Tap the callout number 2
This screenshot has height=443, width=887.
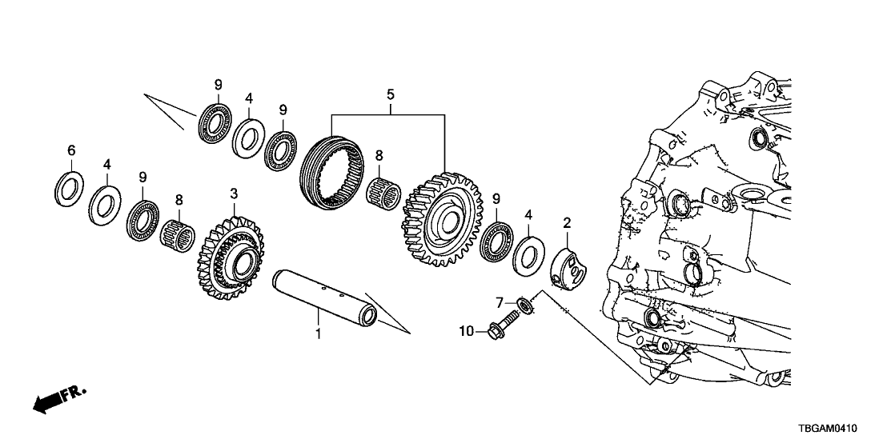[566, 221]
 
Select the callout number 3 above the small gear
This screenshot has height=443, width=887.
[234, 194]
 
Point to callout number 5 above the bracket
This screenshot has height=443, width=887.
[390, 95]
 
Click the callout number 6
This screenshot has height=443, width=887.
[71, 150]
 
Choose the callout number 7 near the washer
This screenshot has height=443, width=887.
[498, 302]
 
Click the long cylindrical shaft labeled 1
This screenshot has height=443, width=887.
[324, 297]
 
